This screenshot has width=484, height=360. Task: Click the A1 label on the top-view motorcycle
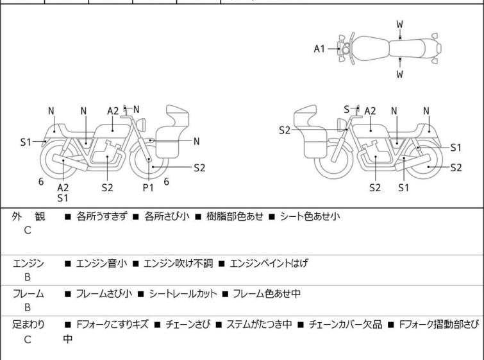point(319,49)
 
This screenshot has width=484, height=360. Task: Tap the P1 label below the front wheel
point(148,187)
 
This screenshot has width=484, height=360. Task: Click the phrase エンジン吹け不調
point(178,263)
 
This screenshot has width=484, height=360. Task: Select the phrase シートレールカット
point(183,293)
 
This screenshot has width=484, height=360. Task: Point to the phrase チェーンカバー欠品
point(346,325)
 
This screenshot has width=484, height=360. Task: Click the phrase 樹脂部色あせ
point(235,216)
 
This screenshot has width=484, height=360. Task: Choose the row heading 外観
point(28,216)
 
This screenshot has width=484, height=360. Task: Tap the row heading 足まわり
point(28,325)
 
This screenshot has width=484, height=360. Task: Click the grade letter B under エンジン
point(28,277)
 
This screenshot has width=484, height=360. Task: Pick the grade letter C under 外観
point(28,230)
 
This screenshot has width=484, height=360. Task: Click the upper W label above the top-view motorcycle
point(400,24)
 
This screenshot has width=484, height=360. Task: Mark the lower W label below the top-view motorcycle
point(400,74)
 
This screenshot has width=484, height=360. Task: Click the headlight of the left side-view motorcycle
point(141,124)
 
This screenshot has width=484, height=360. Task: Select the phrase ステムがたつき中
point(259,325)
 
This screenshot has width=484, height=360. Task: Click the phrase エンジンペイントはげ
point(269,263)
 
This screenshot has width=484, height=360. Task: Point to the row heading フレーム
point(28,293)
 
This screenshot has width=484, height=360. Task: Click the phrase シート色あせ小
point(310,216)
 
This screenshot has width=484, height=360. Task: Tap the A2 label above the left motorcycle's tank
point(113,111)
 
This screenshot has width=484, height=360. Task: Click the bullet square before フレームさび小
point(68,294)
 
